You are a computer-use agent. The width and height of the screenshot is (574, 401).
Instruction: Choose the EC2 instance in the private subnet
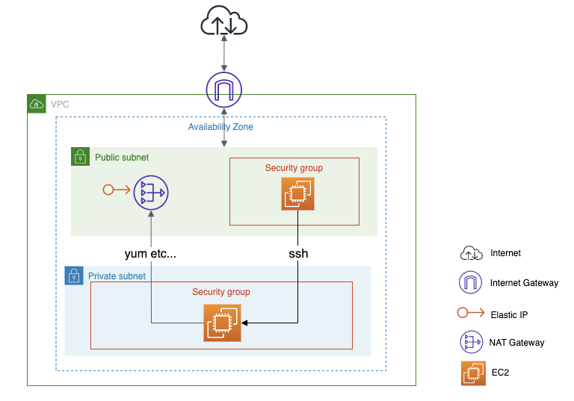(222, 323)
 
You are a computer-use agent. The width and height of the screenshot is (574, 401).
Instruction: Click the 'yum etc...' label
(150, 253)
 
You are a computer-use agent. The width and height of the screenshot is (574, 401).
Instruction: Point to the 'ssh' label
(298, 253)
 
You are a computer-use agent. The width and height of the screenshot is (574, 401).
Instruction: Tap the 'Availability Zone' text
(220, 127)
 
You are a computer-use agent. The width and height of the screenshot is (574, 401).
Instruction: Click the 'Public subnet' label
(122, 158)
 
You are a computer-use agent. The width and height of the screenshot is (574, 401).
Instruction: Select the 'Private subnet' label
(117, 276)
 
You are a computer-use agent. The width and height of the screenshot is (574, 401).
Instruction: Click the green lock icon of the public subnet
(80, 157)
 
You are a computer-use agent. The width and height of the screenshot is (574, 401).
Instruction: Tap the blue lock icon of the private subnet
(74, 276)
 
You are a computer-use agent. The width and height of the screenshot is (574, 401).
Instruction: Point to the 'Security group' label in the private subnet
(220, 292)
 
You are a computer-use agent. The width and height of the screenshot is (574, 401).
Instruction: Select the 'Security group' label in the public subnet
(294, 168)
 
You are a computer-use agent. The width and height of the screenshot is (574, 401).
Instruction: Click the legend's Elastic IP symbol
(471, 314)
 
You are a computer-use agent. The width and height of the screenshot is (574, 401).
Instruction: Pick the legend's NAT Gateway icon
(471, 343)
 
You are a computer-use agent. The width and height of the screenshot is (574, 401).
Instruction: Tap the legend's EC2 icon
(471, 373)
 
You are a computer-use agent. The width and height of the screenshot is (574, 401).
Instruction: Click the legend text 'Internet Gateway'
(524, 283)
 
